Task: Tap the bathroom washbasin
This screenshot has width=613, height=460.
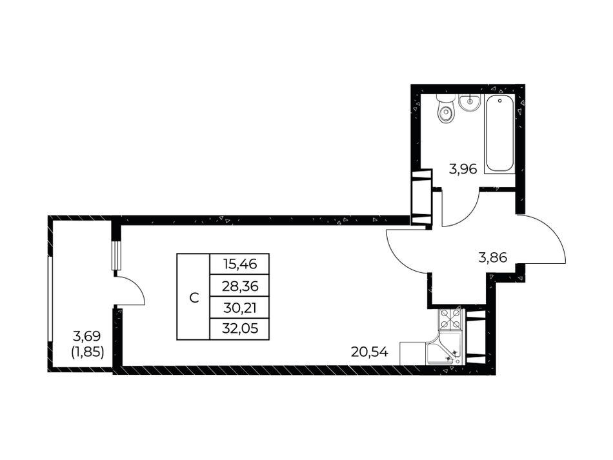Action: pyautogui.click(x=469, y=103)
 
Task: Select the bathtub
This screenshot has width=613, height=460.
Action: pyautogui.click(x=499, y=134)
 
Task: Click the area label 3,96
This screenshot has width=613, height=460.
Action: pyautogui.click(x=463, y=169)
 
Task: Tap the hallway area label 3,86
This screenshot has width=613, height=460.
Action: pyautogui.click(x=492, y=257)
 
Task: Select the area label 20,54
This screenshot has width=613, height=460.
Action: pyautogui.click(x=370, y=352)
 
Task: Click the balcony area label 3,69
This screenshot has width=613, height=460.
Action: pyautogui.click(x=87, y=335)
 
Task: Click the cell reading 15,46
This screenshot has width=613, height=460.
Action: pyautogui.click(x=239, y=264)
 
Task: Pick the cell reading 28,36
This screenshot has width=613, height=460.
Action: pyautogui.click(x=239, y=286)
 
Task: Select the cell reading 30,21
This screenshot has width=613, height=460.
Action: pyautogui.click(x=239, y=308)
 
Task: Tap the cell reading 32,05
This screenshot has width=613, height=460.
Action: pyautogui.click(x=239, y=328)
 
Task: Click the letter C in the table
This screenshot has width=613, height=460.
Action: pyautogui.click(x=194, y=298)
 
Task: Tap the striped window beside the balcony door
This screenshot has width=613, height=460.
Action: pyautogui.click(x=117, y=256)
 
